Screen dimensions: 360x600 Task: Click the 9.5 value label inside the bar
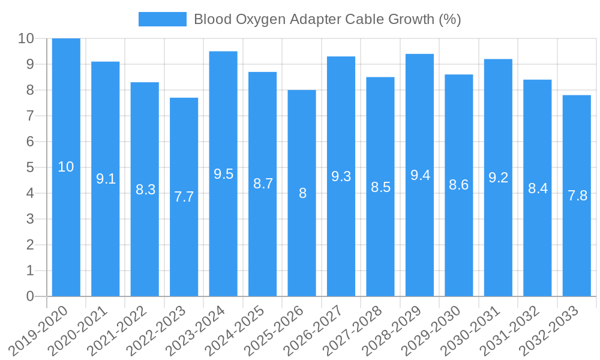[x=223, y=174]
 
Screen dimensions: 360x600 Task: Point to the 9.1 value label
[x=106, y=179]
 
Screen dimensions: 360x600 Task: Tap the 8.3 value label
[x=145, y=190]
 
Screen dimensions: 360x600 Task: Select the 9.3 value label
[x=341, y=176]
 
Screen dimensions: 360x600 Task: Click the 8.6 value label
[x=458, y=185]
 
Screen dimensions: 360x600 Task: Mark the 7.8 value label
[x=577, y=196]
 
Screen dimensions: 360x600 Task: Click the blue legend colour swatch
[x=162, y=19]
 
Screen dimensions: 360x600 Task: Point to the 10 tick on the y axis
[x=26, y=38]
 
